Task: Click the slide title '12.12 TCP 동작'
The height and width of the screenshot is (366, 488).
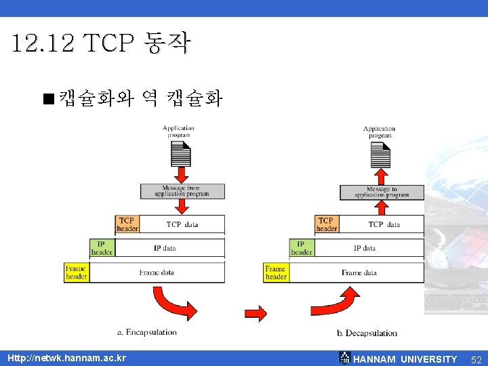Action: (102, 45)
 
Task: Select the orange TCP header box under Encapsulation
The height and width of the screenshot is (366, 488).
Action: (127, 224)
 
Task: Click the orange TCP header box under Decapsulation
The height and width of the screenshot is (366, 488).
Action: (327, 224)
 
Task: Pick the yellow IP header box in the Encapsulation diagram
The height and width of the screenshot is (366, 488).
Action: (102, 248)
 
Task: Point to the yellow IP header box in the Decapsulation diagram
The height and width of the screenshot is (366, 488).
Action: (302, 248)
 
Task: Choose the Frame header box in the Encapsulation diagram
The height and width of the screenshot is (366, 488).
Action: (76, 272)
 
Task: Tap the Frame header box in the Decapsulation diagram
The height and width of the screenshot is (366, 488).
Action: (276, 272)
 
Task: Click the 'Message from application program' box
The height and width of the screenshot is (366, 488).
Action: (182, 191)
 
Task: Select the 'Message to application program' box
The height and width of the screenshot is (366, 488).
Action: (382, 192)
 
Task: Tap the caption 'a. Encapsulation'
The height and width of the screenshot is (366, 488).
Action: (147, 332)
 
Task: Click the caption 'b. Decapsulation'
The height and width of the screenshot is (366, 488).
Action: (367, 333)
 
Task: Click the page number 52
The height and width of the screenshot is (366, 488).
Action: (476, 359)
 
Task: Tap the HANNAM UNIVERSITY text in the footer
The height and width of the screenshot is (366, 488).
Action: (405, 359)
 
